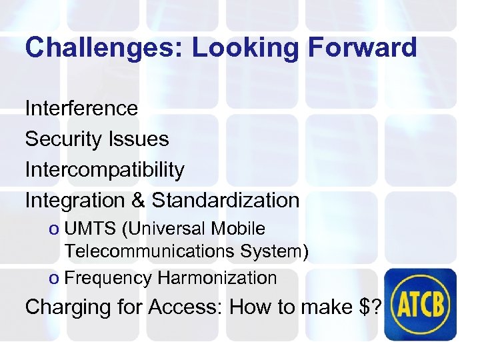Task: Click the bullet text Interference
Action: [x=81, y=108]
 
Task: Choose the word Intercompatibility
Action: [x=104, y=169]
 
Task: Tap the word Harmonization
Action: [x=217, y=278]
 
